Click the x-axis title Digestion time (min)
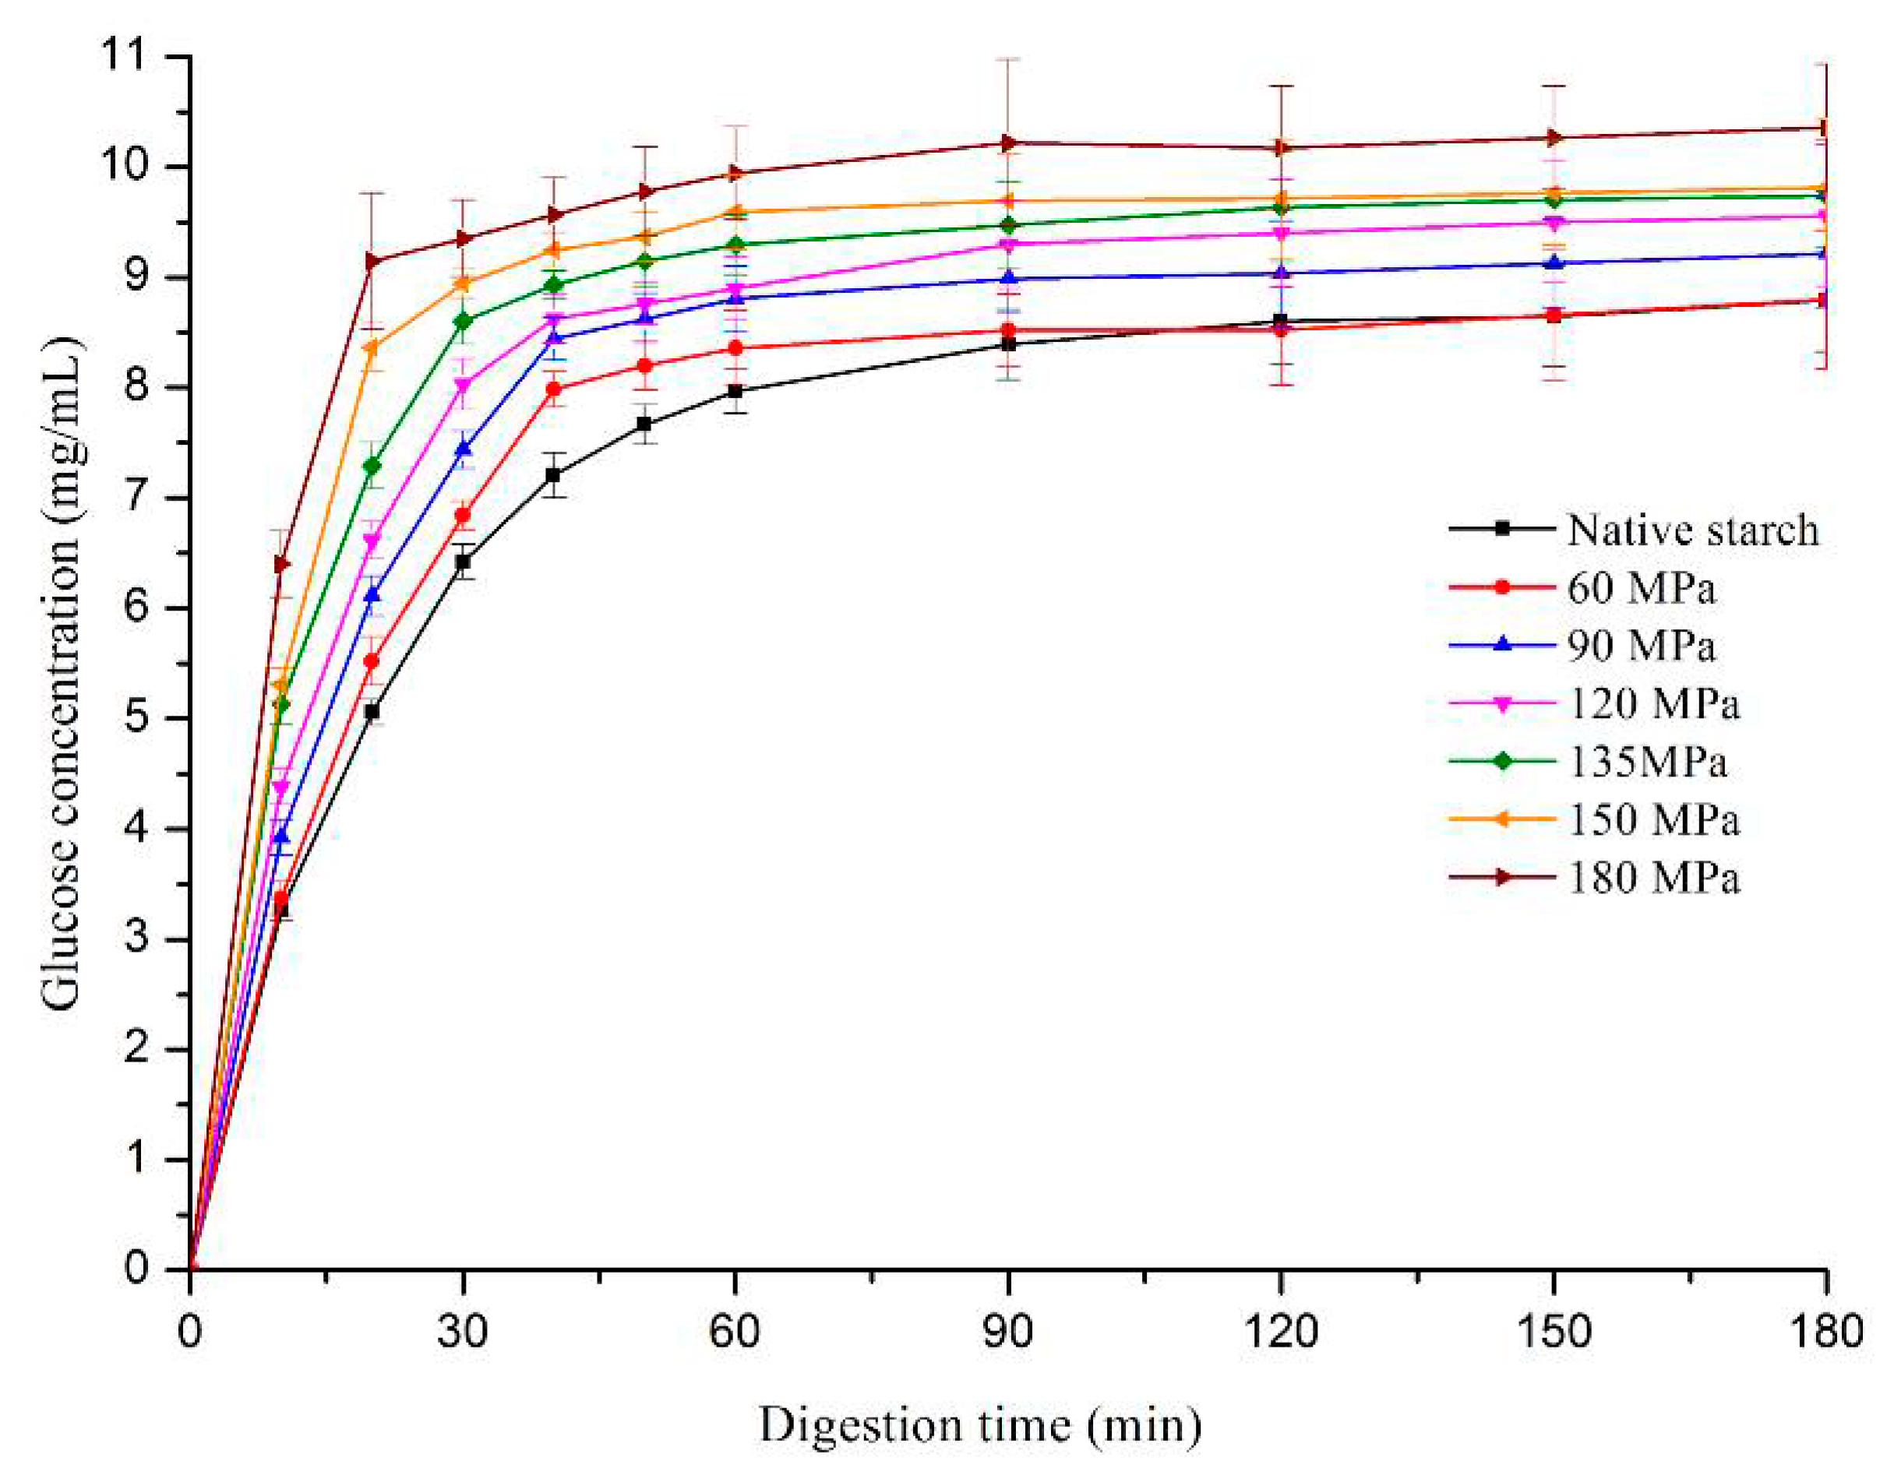980,1425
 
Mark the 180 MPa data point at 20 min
372,261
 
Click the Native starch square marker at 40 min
553,475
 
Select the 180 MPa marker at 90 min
1008,142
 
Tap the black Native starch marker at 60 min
735,392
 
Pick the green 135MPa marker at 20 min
372,466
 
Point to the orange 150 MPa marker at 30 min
463,283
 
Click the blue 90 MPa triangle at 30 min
464,449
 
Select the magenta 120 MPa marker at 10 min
281,787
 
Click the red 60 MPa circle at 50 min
644,365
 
